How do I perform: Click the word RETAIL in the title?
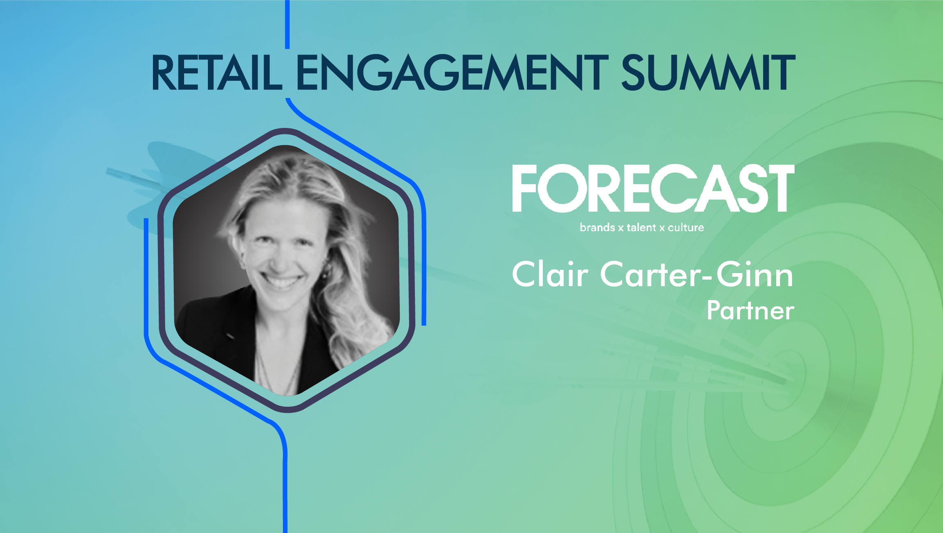[x=217, y=73]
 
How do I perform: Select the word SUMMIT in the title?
[x=708, y=73]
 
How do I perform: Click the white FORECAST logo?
[x=653, y=188]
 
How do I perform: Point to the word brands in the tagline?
[x=597, y=228]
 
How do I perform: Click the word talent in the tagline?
[x=641, y=228]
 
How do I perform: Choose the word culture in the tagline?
[x=686, y=228]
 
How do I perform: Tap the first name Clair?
[x=550, y=274]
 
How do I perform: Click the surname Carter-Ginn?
[x=697, y=274]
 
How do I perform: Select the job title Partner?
[x=751, y=310]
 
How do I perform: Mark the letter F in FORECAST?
[x=525, y=188]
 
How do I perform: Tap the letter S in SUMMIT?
[x=633, y=73]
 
